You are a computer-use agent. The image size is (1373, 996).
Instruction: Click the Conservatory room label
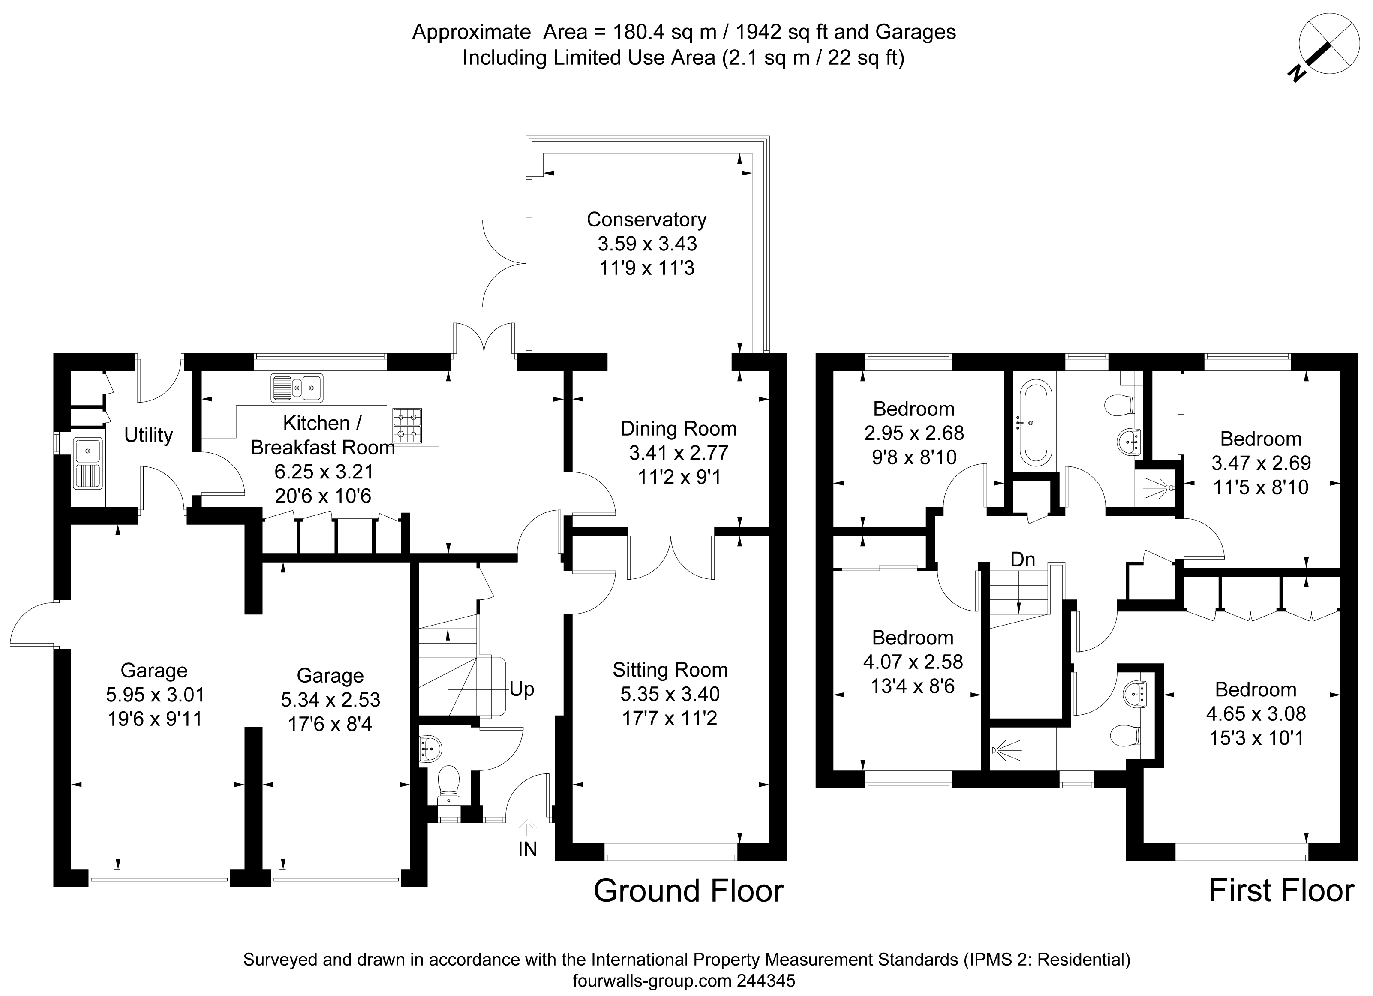[646, 219]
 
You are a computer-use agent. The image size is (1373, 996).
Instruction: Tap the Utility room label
[148, 435]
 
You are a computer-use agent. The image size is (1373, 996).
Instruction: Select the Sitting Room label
[670, 670]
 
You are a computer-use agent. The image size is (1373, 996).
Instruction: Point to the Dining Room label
[679, 429]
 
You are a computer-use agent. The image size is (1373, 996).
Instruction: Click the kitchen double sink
[297, 388]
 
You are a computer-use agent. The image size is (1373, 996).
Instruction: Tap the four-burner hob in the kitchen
[407, 426]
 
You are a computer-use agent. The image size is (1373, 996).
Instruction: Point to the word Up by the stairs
[522, 689]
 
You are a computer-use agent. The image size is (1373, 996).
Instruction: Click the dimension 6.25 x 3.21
[324, 472]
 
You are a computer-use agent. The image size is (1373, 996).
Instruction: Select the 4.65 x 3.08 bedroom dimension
[1256, 714]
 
